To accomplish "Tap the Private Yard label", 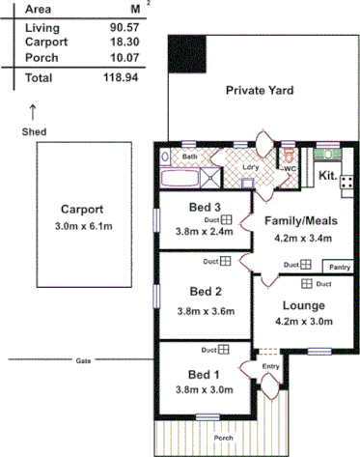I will click(260, 91).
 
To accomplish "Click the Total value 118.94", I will click(121, 75).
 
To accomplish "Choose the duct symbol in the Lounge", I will click(306, 284).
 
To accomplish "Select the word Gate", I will click(83, 360).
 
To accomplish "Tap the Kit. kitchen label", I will click(328, 176).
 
